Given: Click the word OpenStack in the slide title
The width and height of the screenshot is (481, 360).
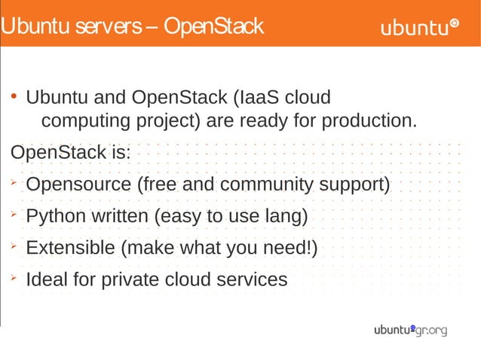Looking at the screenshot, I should point(213,26).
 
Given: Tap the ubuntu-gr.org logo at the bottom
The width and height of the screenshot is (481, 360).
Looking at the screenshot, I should point(410,330).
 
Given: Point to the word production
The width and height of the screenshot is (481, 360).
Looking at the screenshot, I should point(369,121).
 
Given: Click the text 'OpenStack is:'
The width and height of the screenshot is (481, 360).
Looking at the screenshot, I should point(71,152).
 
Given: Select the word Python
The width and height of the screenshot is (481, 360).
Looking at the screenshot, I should point(57,217).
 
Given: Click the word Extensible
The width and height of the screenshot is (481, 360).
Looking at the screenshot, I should point(70,248).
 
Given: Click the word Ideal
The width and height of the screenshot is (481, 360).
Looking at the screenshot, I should point(47,280).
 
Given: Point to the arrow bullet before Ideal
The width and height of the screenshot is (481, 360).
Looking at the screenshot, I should point(14,279).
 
